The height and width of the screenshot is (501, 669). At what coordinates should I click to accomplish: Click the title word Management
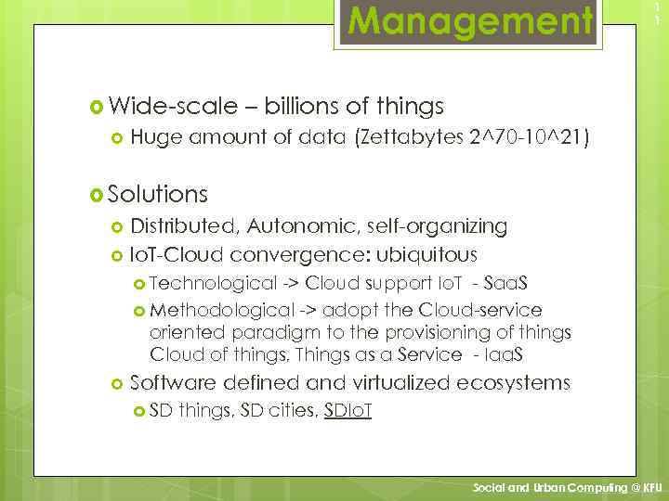[470, 19]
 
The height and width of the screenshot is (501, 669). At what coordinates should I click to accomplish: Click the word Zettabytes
[410, 139]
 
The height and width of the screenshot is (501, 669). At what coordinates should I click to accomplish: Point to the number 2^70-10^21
[531, 139]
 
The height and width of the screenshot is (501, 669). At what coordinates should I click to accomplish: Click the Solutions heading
[157, 194]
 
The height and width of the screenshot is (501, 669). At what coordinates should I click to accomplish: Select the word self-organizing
[439, 225]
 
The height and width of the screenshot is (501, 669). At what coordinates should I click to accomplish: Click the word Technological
[213, 283]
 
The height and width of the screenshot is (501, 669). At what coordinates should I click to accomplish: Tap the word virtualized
[413, 382]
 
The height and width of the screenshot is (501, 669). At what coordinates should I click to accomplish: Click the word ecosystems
[524, 382]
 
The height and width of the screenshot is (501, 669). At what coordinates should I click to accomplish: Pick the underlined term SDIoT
[348, 411]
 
